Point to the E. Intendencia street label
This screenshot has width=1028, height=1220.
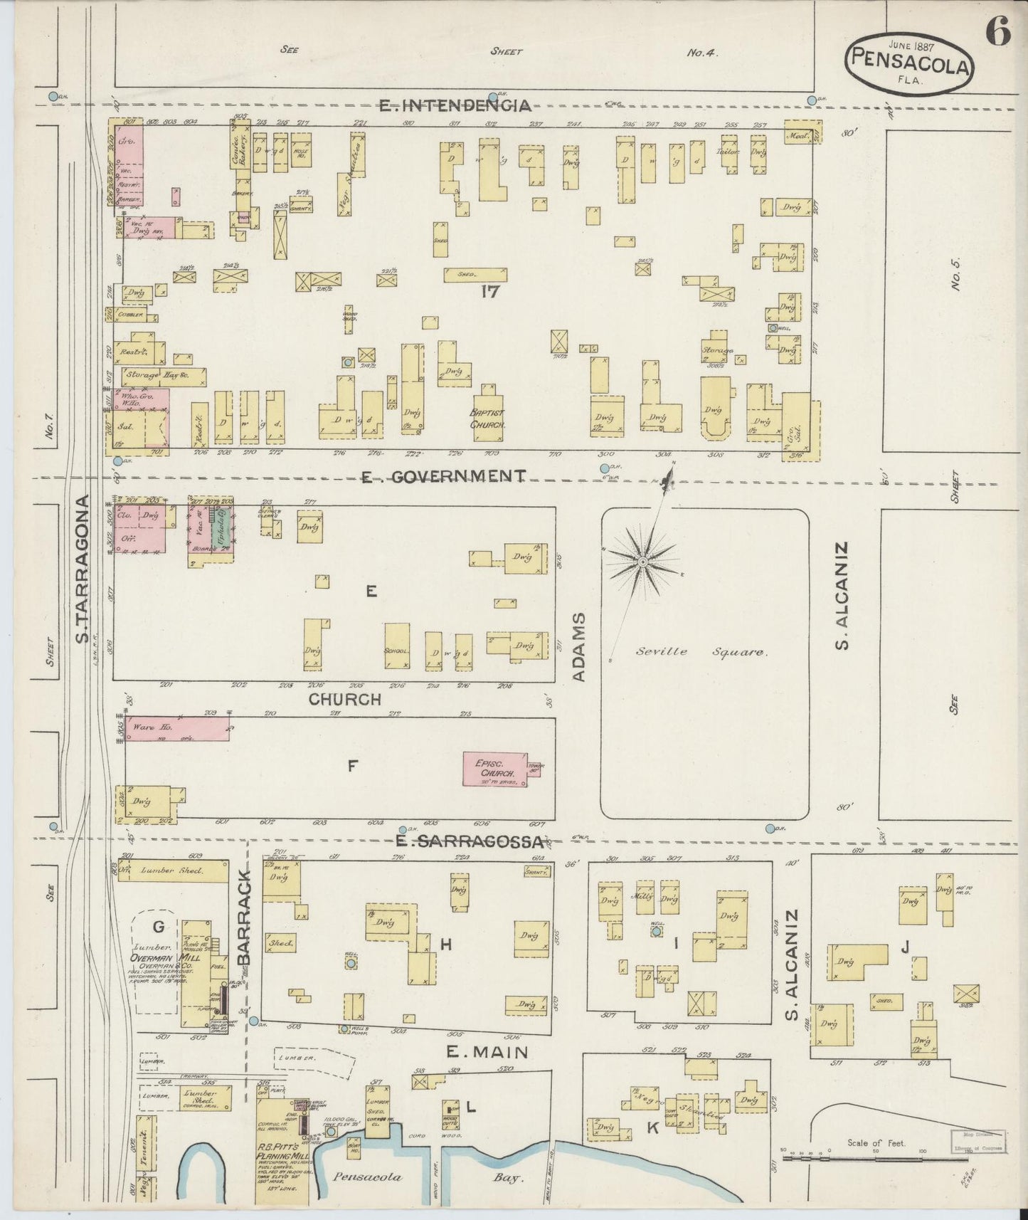pos(455,106)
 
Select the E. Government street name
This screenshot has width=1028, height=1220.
pos(443,476)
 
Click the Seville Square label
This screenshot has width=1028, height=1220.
pos(701,651)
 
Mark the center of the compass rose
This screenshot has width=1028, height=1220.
pos(642,562)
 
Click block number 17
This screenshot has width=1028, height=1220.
pos(488,291)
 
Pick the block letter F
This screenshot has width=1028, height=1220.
pos(351,767)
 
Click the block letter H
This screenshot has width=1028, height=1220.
pos(445,945)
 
